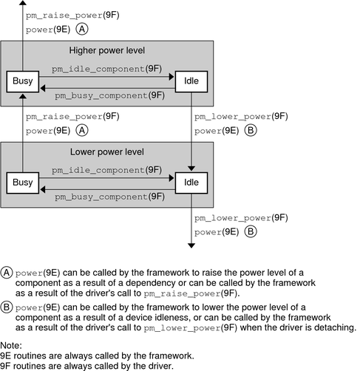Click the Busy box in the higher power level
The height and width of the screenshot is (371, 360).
21,81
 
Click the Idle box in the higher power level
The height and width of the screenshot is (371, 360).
191,81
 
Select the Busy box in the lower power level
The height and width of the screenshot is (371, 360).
21,183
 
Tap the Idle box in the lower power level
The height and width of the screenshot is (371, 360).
191,183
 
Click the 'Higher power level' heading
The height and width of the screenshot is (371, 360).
108,51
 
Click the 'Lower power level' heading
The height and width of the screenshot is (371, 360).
108,152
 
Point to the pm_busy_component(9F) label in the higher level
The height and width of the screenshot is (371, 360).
106,95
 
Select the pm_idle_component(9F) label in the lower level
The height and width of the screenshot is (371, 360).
106,169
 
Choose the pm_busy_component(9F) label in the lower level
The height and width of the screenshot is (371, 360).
106,197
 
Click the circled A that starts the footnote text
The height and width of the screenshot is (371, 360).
7,270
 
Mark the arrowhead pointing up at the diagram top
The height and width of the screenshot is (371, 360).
21,5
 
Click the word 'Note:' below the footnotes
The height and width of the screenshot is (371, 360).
13,345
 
